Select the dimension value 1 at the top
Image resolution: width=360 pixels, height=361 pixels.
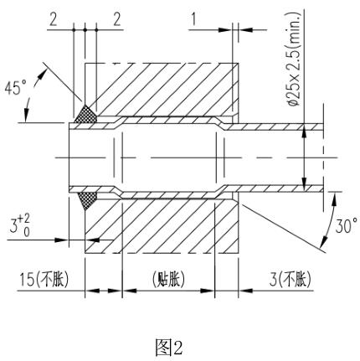pos(194,18)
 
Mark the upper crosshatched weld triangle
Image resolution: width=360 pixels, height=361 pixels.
pos(86,112)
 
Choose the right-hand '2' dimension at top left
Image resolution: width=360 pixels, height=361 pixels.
pos(116,18)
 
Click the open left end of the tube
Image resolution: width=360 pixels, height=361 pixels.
pos(70,156)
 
